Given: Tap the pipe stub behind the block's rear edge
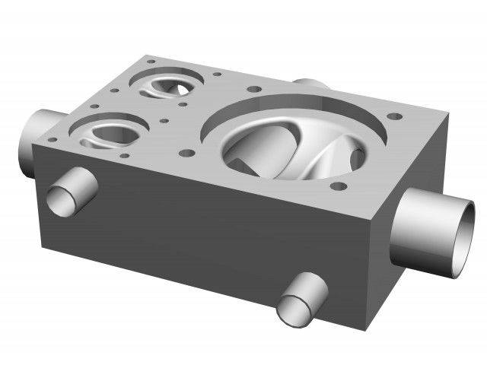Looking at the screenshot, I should pos(309,83).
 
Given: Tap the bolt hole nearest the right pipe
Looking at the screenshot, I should pos(394,117).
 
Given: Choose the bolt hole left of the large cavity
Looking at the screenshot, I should pos(184,152).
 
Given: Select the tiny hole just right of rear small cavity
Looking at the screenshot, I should pos(217,75).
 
